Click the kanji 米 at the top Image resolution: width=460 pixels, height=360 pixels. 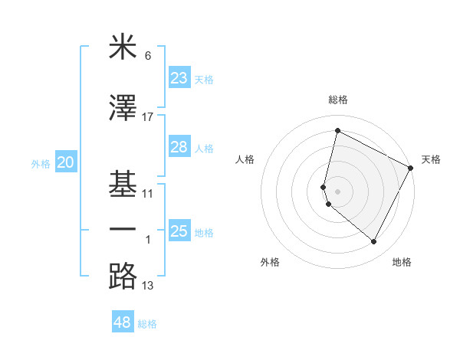123,48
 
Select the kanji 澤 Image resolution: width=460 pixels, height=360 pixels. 123,109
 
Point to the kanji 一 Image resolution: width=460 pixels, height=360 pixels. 123,230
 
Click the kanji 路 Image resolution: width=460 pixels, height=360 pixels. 123,276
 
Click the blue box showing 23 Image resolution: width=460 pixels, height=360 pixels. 179,78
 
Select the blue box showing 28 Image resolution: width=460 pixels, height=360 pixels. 179,147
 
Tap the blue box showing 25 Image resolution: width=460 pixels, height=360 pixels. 179,231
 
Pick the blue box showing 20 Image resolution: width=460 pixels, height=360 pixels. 65,162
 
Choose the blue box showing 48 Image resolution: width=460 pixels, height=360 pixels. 123,322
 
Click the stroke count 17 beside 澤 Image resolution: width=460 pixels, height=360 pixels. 148,117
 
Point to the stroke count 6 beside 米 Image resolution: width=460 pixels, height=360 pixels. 148,56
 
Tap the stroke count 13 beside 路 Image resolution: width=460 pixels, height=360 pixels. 148,286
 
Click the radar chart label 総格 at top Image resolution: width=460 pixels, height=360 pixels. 338,100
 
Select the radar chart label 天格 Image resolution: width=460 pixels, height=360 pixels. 431,159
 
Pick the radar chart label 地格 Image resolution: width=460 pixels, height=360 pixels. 402,262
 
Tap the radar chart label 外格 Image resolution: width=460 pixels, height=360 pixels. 270,262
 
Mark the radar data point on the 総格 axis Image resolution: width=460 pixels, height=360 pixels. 337,130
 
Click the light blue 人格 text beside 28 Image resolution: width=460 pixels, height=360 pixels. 204,148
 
